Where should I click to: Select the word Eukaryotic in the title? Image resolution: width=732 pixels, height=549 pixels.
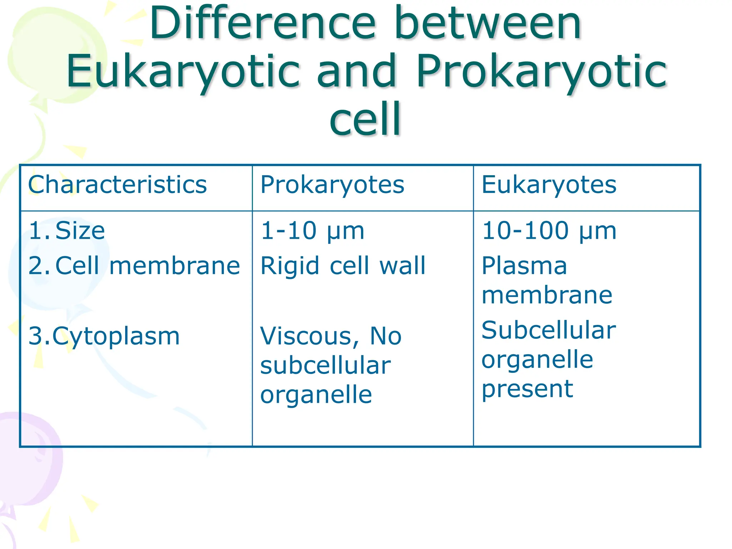[x=183, y=71]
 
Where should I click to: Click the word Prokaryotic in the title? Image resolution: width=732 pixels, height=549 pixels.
[x=541, y=71]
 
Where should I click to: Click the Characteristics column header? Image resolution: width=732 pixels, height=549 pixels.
[x=117, y=185]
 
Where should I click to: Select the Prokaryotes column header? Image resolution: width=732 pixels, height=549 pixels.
[x=332, y=185]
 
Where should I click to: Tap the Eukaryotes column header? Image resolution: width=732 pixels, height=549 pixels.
[x=549, y=185]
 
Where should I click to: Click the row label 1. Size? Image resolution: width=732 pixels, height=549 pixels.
[x=67, y=231]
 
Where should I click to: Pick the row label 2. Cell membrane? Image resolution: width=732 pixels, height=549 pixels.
[x=134, y=266]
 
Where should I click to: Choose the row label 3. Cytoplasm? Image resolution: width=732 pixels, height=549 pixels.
[x=104, y=336]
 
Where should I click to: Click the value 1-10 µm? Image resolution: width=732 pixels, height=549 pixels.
[x=312, y=231]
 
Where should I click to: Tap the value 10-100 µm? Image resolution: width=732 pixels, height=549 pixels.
[x=549, y=231]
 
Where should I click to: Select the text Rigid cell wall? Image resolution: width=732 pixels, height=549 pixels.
[x=343, y=266]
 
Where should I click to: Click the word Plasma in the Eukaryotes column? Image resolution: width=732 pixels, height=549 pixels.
[x=524, y=266]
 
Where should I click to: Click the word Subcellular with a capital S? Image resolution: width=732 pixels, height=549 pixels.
[x=548, y=330]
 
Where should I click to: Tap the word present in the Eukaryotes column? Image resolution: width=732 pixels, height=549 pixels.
[x=527, y=389]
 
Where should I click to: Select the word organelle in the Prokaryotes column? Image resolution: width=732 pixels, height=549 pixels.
[x=316, y=395]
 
